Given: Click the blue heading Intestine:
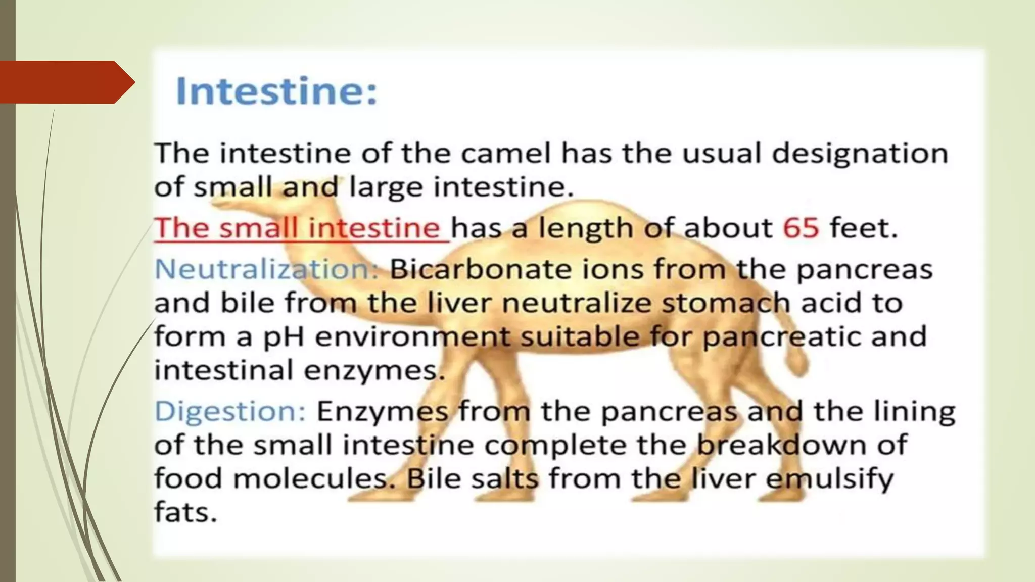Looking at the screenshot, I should tap(276, 91).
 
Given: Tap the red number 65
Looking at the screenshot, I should tap(801, 228).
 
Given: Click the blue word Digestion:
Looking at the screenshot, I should tap(230, 411).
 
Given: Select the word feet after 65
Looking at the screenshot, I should tap(863, 228).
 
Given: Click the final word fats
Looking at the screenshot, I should tap(185, 512).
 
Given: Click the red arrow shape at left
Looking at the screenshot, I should tap(66, 82).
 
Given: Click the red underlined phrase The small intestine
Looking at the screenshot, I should tap(298, 228).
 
